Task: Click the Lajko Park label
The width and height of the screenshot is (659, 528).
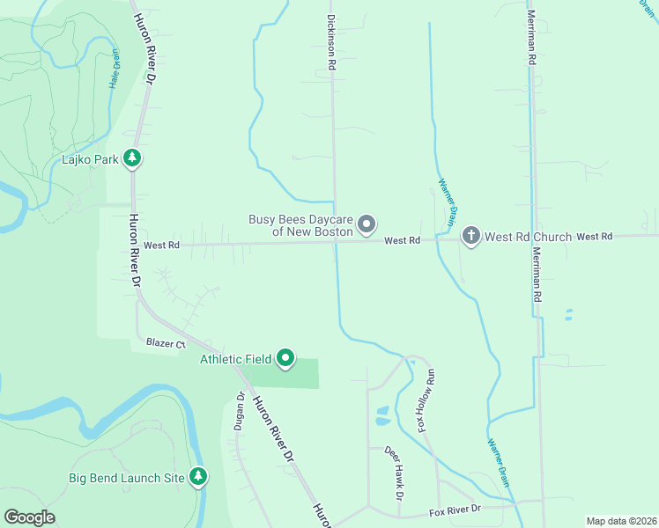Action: point(89,159)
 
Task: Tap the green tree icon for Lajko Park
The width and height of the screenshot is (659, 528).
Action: point(132,158)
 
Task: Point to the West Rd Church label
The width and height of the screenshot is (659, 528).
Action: point(528,237)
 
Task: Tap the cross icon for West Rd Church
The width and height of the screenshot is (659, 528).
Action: point(470,236)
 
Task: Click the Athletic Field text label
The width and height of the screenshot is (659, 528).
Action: point(235,359)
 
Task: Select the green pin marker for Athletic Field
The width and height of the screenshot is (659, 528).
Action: point(285,358)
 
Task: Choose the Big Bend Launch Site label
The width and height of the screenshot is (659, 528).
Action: point(127,478)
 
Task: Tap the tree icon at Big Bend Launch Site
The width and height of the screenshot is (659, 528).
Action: point(199,477)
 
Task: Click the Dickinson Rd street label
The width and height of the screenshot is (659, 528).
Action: point(331,42)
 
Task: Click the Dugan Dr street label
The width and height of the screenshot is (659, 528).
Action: point(239,411)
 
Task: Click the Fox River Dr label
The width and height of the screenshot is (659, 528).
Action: point(455,510)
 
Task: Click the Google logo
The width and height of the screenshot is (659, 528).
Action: point(29,517)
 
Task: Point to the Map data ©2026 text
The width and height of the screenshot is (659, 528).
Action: point(621,521)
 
